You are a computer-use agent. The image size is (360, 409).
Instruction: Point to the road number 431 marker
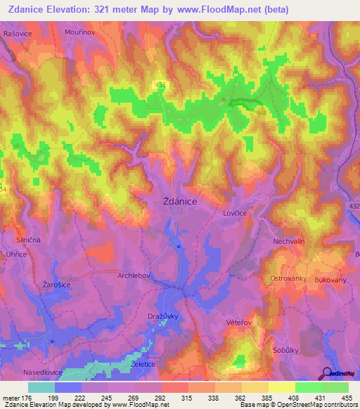coord(161,84)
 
